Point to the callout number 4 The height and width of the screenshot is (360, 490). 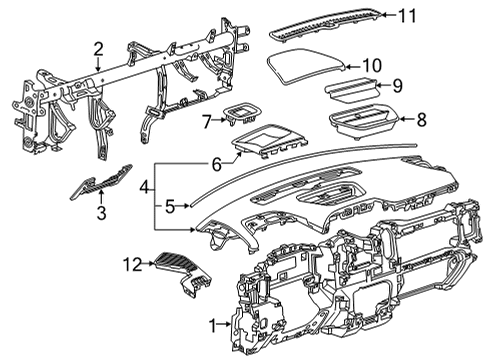(x=144, y=187)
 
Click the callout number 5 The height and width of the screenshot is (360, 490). (x=170, y=207)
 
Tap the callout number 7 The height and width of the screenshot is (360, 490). (x=207, y=121)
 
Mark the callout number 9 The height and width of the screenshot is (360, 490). (x=396, y=85)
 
